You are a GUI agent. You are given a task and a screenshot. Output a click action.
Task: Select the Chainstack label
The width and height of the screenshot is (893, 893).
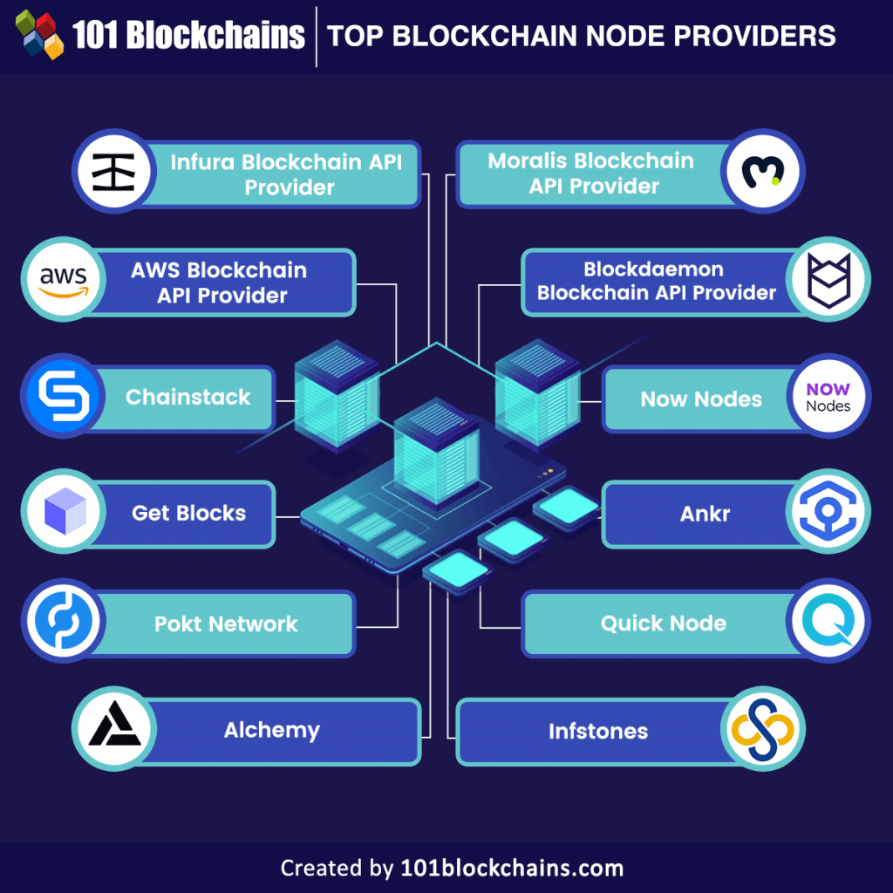[187, 398]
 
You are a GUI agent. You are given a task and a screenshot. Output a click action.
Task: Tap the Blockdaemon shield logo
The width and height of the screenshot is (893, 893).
[828, 281]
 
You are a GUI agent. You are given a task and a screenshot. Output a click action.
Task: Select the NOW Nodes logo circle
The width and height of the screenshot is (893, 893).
[828, 398]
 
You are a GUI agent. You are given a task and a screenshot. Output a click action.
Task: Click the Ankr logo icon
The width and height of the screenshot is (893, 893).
[828, 513]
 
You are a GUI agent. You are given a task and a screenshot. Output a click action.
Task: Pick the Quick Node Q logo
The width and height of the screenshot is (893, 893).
[828, 623]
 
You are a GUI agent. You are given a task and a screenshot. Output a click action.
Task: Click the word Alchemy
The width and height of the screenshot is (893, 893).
[271, 730]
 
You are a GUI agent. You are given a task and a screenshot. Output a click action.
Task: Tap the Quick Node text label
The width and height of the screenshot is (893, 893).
[663, 624]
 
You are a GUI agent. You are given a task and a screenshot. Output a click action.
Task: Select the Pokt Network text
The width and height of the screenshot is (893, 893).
[226, 624]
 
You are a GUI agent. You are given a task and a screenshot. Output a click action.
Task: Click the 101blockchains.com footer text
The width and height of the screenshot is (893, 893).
[511, 868]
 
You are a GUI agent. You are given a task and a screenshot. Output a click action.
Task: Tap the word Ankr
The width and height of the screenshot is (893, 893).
[705, 514]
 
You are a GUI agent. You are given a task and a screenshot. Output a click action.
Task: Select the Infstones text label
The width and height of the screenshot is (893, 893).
[598, 731]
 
